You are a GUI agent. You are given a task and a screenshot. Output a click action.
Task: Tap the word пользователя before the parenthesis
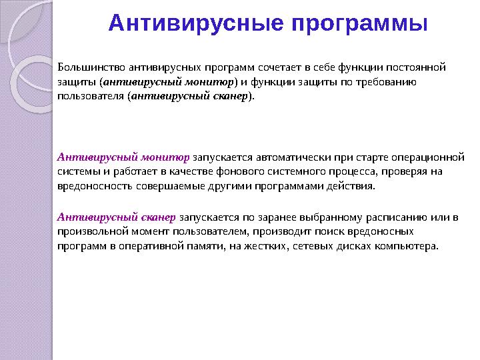(92, 96)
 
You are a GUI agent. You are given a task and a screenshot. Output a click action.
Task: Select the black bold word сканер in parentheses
(228, 96)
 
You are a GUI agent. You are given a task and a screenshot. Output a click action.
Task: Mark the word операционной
(430, 157)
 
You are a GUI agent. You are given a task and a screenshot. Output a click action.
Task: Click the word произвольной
(92, 232)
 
